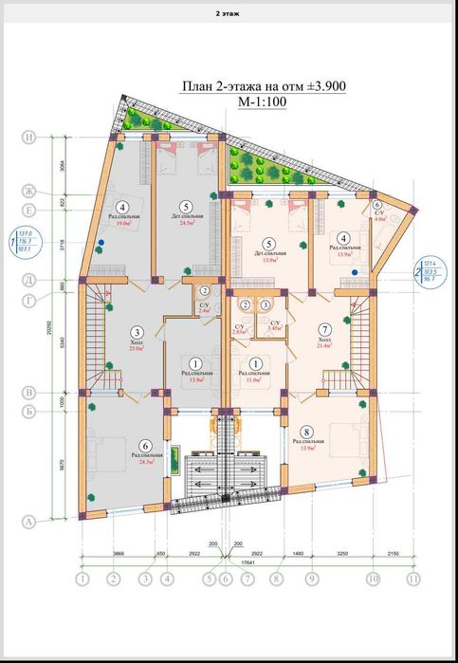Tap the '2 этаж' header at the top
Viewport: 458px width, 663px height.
pyautogui.click(x=229, y=14)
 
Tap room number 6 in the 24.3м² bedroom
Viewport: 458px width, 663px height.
pyautogui.click(x=145, y=446)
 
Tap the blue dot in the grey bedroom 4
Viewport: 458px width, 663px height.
pyautogui.click(x=100, y=243)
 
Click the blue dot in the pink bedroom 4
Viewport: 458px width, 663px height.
pyautogui.click(x=355, y=271)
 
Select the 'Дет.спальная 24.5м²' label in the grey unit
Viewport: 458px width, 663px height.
pyautogui.click(x=187, y=220)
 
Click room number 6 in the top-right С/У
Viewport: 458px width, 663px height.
pyautogui.click(x=376, y=205)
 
